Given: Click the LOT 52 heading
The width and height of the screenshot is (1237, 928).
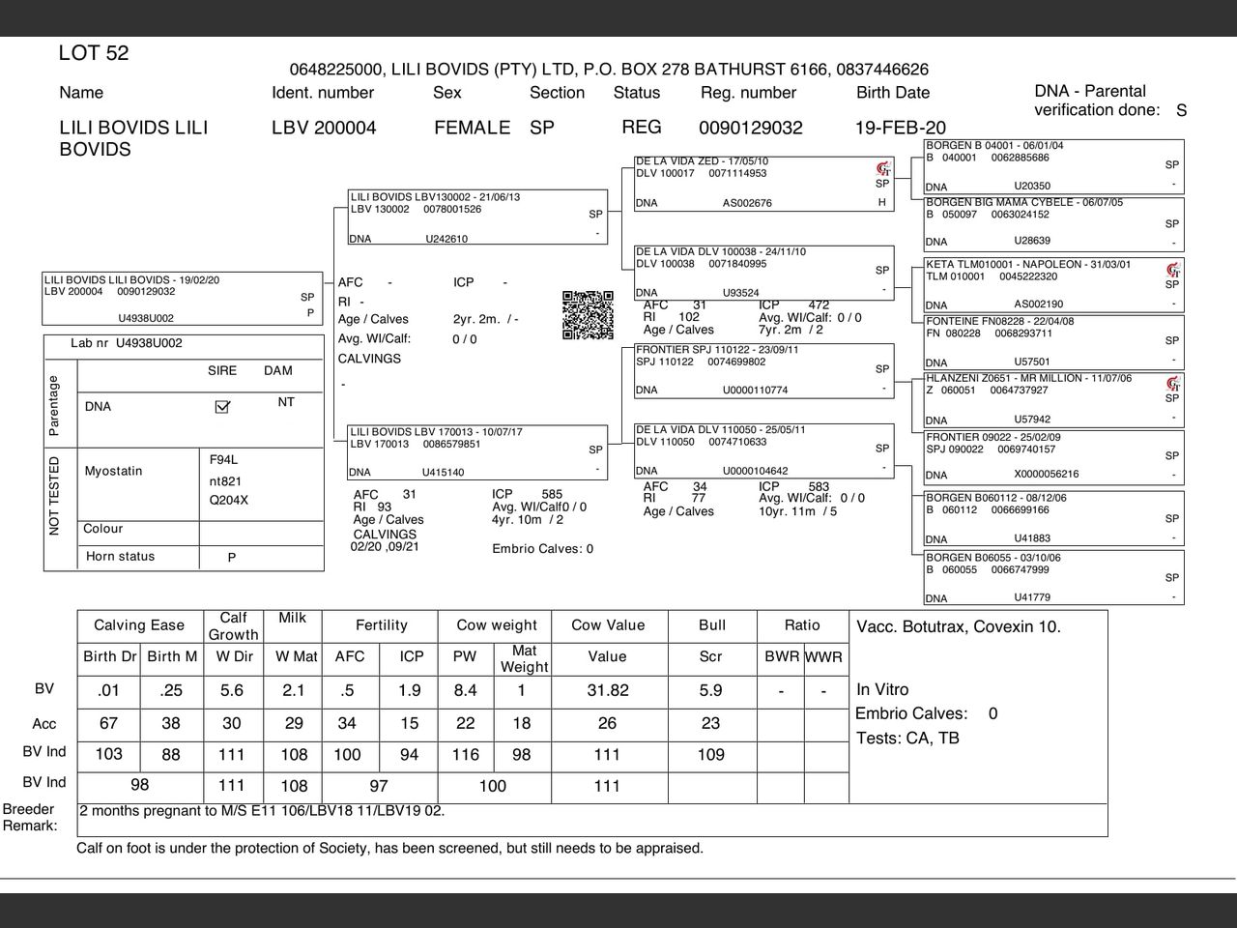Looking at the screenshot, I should (x=94, y=53).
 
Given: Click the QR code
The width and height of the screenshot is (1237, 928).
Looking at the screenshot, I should (x=588, y=315).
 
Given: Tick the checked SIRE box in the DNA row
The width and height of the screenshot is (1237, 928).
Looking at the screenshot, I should (x=222, y=407).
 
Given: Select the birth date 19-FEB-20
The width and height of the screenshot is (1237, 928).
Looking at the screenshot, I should (x=900, y=128).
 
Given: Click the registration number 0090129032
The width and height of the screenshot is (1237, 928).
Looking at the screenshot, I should (x=750, y=128).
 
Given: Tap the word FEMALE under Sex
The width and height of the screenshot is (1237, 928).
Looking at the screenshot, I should (x=472, y=128).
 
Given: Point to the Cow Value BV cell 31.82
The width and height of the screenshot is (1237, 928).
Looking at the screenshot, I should (x=607, y=690).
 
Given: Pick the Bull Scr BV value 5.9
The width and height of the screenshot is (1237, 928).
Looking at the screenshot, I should (x=710, y=690).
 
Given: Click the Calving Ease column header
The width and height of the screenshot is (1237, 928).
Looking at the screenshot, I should (x=139, y=625).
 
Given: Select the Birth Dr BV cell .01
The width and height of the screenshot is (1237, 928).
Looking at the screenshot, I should (x=108, y=690).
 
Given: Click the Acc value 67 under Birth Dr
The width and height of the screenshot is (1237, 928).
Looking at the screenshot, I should (x=108, y=724).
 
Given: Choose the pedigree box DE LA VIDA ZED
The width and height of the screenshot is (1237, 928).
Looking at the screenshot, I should (x=763, y=182).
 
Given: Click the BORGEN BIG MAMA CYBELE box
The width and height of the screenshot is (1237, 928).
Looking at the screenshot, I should (x=1053, y=222).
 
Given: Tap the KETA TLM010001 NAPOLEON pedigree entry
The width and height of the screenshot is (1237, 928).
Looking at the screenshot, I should (x=1053, y=284).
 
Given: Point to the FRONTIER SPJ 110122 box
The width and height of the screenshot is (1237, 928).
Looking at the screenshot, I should (x=763, y=370).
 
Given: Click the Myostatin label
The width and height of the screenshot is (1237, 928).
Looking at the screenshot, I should (x=113, y=472).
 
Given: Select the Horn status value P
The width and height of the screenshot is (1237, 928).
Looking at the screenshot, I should (x=232, y=558).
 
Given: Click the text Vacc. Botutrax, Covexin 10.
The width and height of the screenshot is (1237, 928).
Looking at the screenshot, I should (x=958, y=626).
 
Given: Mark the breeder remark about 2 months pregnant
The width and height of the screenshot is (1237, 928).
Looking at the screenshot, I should (x=262, y=811).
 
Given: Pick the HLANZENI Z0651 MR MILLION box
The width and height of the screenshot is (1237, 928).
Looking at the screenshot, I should (x=1053, y=398).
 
